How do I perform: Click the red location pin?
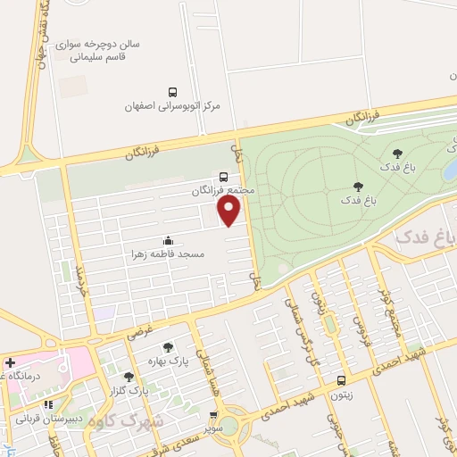[x=229, y=211]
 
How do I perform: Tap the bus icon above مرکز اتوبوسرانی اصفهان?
[x=172, y=91]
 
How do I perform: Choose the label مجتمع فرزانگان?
[x=222, y=191]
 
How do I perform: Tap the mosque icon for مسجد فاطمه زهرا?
[x=168, y=240]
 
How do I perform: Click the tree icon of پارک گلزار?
[x=130, y=377]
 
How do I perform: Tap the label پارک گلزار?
[x=130, y=390]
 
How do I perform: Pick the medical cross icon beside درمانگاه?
[x=9, y=363]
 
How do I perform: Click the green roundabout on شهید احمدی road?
[x=235, y=423]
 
